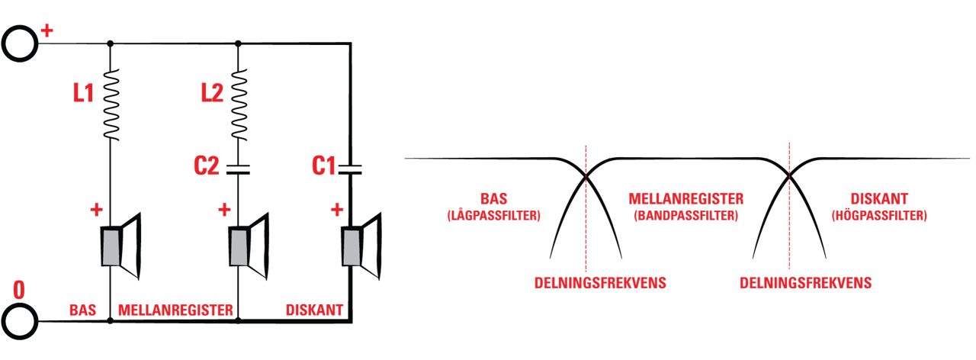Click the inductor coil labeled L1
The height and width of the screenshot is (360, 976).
pyautogui.click(x=111, y=104)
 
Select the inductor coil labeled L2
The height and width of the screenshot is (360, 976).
pyautogui.click(x=239, y=104)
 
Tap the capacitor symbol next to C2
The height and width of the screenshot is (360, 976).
pyautogui.click(x=238, y=169)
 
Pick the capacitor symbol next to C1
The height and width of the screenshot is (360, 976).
pyautogui.click(x=350, y=169)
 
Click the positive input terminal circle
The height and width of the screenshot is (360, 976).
pyautogui.click(x=20, y=43)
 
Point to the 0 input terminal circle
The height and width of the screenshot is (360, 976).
pyautogui.click(x=20, y=321)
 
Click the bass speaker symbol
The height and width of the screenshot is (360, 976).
pyautogui.click(x=121, y=246)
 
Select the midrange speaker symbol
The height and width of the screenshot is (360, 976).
pyautogui.click(x=249, y=246)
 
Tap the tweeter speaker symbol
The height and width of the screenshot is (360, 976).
pyautogui.click(x=361, y=246)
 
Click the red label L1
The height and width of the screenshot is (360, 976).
pyautogui.click(x=83, y=93)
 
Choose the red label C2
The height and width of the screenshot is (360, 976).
pyautogui.click(x=206, y=166)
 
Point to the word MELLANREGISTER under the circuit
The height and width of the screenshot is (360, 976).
pyautogui.click(x=175, y=310)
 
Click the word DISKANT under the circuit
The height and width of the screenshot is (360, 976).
pyautogui.click(x=315, y=310)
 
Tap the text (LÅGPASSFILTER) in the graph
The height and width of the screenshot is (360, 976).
pyautogui.click(x=493, y=216)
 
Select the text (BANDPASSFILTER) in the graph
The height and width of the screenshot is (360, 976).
pyautogui.click(x=685, y=216)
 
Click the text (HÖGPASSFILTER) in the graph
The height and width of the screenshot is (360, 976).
pyautogui.click(x=879, y=216)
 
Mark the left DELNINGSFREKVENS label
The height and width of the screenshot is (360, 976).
pyautogui.click(x=600, y=283)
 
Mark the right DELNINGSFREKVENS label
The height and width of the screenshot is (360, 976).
pyautogui.click(x=806, y=283)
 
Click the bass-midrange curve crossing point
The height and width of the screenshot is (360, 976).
pyautogui.click(x=586, y=176)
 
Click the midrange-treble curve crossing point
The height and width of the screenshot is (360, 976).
pyautogui.click(x=789, y=176)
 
